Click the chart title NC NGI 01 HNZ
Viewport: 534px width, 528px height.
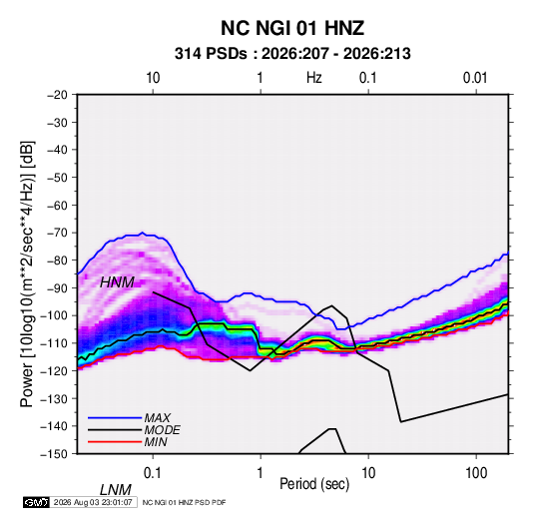point(292,28)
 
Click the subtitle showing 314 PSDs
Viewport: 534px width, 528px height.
point(292,54)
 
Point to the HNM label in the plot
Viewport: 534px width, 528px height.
point(117,282)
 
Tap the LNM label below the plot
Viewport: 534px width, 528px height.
point(115,490)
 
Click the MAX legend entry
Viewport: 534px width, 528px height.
point(157,417)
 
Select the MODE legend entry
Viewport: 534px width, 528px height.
point(162,430)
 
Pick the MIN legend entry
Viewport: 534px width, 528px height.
point(156,442)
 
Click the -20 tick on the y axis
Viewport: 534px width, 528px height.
point(57,95)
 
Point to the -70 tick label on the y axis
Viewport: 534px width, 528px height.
point(57,233)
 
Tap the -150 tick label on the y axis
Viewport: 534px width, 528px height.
point(54,454)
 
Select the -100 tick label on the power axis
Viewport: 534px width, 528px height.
point(54,315)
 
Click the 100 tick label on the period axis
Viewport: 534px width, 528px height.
point(476,473)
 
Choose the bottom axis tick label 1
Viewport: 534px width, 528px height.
point(261,473)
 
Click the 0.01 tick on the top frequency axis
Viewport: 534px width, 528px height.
point(475,78)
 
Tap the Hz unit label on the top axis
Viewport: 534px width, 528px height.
point(314,78)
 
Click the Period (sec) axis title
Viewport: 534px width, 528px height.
point(314,484)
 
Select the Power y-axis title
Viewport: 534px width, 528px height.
point(27,273)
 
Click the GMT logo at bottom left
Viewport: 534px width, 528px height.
point(36,502)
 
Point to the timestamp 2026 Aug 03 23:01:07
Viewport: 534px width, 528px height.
point(93,502)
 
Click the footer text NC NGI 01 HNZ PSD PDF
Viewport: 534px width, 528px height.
point(184,502)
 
